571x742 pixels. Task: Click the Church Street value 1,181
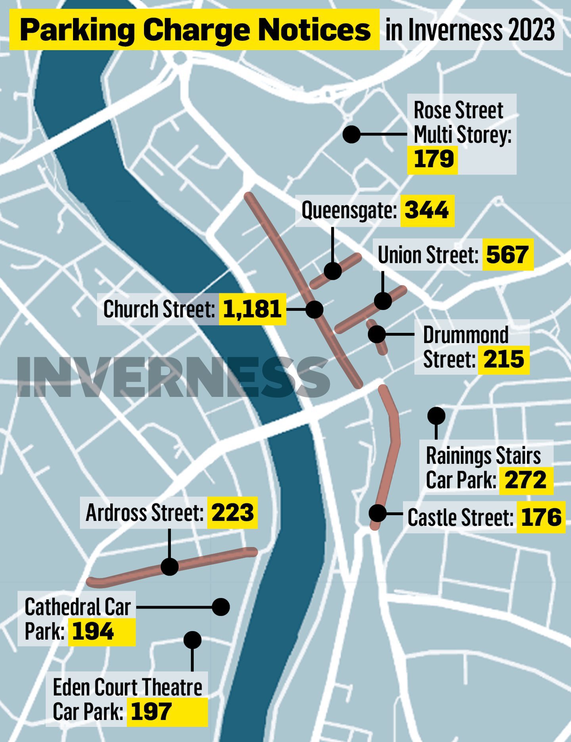click(252, 309)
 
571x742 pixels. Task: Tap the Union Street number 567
click(508, 255)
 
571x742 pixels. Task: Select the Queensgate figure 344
click(427, 210)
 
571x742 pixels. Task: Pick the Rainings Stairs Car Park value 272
click(526, 480)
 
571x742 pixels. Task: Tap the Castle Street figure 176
click(541, 518)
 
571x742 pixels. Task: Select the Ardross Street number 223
click(232, 512)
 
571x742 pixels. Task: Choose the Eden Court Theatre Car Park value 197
click(151, 712)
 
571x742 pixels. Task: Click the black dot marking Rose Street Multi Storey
click(351, 134)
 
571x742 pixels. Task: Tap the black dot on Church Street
click(314, 309)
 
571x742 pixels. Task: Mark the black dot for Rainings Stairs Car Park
click(436, 416)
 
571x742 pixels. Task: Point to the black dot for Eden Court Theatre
click(192, 640)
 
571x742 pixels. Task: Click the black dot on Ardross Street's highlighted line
click(170, 567)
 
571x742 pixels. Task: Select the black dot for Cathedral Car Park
click(221, 607)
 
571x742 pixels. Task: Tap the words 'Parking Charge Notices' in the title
click(195, 30)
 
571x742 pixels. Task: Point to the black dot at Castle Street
click(377, 514)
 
